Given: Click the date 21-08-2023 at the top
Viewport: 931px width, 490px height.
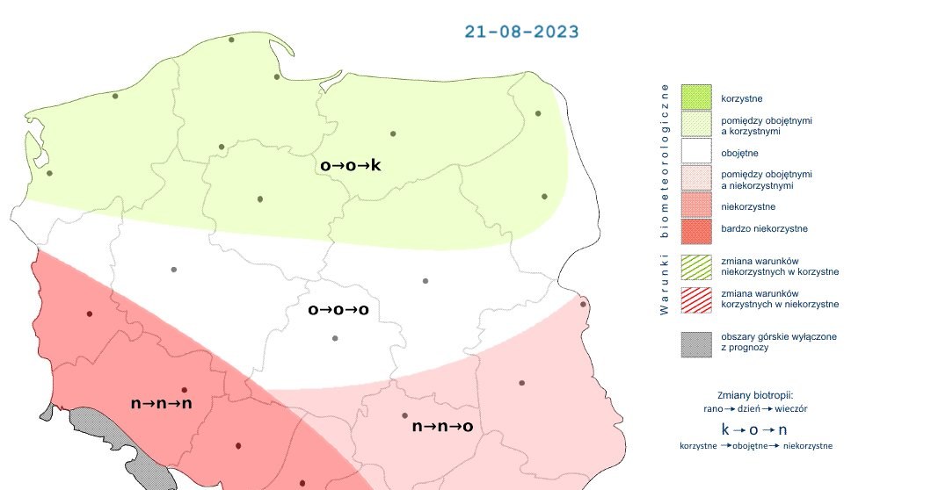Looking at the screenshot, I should point(521,32).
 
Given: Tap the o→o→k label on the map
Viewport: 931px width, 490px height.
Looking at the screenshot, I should point(350,164).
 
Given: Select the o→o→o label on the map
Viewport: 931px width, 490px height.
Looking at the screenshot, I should point(338,309).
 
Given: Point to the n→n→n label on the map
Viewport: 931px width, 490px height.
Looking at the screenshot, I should point(161,403).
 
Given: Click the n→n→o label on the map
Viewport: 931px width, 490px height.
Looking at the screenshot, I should point(443,427).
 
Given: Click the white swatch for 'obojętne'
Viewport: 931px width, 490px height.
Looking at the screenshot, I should point(695,152).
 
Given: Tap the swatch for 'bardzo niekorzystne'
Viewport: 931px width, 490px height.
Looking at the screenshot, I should point(695,229).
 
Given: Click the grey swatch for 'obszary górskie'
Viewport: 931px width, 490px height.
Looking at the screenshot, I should point(695,342).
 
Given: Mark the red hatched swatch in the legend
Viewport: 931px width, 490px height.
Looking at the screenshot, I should point(695,299).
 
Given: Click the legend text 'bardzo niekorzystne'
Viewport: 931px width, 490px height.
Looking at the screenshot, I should point(764,229).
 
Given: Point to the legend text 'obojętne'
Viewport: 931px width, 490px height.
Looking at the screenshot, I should point(741,153).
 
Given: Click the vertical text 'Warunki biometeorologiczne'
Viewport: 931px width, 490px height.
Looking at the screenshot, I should point(665,198).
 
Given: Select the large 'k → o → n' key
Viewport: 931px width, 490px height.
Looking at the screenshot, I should point(754,430).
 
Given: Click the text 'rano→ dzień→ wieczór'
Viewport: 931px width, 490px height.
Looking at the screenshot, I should point(755,408).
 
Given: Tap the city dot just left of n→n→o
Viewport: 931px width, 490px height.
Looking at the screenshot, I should point(404,415).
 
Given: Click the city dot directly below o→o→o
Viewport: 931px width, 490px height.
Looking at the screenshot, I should point(334,338).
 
